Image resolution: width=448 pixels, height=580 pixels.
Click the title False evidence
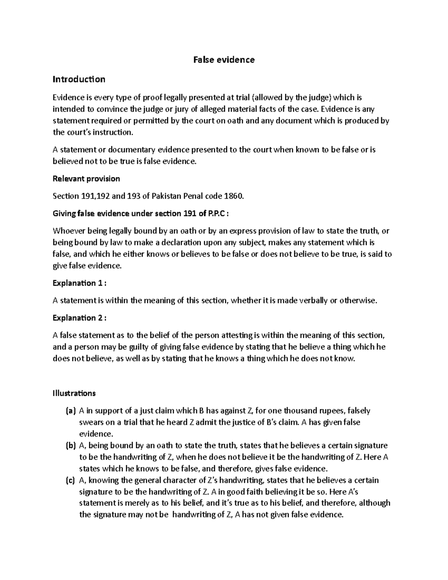(x=224, y=60)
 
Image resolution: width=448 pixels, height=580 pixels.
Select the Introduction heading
(x=79, y=79)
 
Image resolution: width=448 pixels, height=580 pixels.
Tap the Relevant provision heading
(x=86, y=179)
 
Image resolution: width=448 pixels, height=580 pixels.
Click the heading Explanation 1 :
(x=80, y=283)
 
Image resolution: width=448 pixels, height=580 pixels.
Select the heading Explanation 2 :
(x=80, y=318)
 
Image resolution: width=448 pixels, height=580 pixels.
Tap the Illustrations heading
(x=74, y=393)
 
